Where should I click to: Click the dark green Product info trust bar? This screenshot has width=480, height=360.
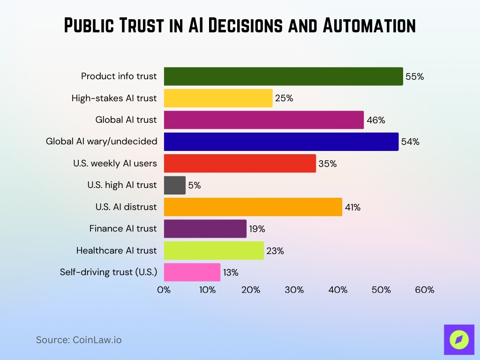[283, 76]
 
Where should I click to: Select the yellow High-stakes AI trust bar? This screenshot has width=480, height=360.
[218, 98]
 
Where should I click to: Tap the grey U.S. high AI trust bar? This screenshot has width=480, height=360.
[174, 185]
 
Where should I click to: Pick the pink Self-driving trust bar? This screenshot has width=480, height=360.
[192, 272]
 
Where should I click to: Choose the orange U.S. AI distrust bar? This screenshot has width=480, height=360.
[253, 207]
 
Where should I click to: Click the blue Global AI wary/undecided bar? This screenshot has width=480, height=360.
[281, 142]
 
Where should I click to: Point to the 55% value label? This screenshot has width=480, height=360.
[414, 77]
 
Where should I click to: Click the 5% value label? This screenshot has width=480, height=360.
[195, 186]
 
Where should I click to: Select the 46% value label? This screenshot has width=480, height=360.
[376, 120]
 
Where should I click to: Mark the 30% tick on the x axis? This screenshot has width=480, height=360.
[294, 290]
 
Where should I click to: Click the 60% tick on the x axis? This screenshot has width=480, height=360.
[425, 290]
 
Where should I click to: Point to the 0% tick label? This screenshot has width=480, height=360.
[164, 290]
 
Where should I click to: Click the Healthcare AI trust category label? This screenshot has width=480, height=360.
[116, 251]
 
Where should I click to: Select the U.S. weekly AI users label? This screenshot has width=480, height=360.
[115, 164]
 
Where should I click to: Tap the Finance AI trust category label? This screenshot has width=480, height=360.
[123, 229]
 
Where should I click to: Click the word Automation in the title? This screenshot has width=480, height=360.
[369, 26]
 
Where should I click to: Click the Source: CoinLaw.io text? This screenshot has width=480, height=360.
[79, 340]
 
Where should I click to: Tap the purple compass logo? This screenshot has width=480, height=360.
[459, 339]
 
